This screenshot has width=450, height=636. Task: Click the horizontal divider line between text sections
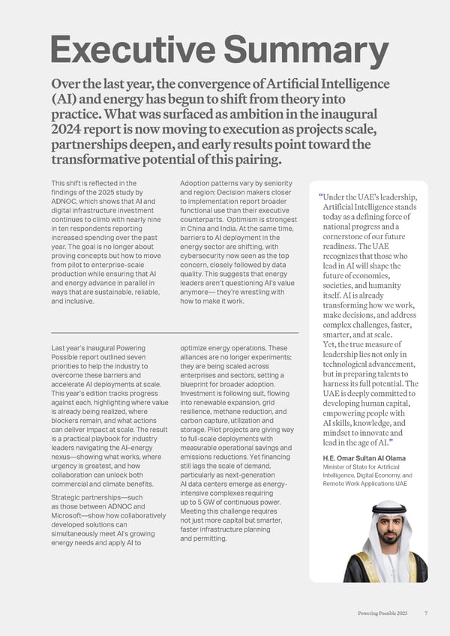point(174,332)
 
